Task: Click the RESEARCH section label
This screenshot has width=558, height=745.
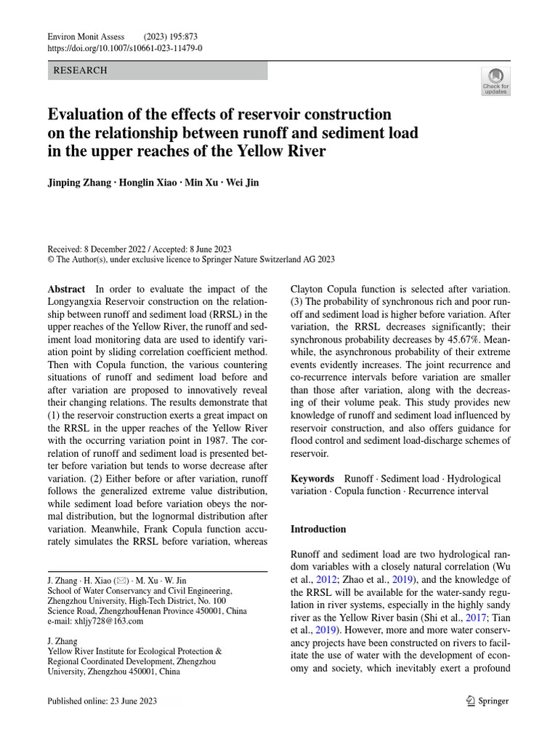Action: pos(81,71)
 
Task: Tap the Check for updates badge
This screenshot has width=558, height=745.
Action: pos(496,81)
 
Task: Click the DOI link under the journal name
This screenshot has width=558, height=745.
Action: pos(124,48)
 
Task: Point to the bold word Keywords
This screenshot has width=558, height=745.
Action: pos(312,478)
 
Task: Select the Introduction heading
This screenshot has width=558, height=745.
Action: pos(318,529)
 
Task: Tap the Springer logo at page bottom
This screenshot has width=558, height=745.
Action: pos(487,701)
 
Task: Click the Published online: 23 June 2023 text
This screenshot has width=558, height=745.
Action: pos(102,701)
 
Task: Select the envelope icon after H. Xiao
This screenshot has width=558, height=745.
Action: pos(124,581)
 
